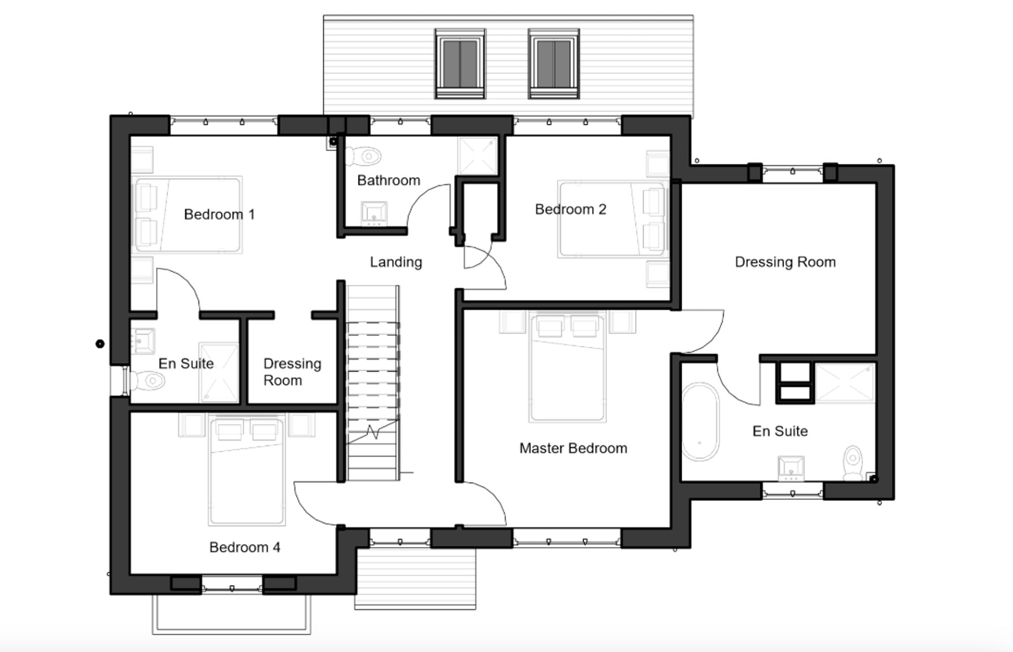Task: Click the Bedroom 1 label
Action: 219,214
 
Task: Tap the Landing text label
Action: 396,262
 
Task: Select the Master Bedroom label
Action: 573,448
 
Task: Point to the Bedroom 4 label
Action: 245,548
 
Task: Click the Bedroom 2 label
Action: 570,209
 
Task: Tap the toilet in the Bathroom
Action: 364,156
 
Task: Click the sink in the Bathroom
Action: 374,213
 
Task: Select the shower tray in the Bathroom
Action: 477,156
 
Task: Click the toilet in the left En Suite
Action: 147,380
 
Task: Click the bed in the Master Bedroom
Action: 567,367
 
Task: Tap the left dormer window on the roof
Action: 460,63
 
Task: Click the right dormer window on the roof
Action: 554,63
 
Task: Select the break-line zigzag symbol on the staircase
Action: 373,432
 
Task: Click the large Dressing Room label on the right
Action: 785,262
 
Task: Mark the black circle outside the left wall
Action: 100,344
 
